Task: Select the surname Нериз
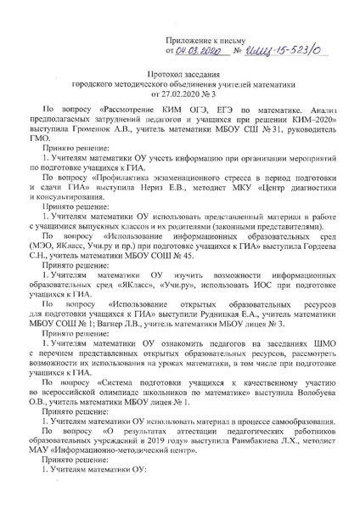pyautogui.click(x=158, y=191)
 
